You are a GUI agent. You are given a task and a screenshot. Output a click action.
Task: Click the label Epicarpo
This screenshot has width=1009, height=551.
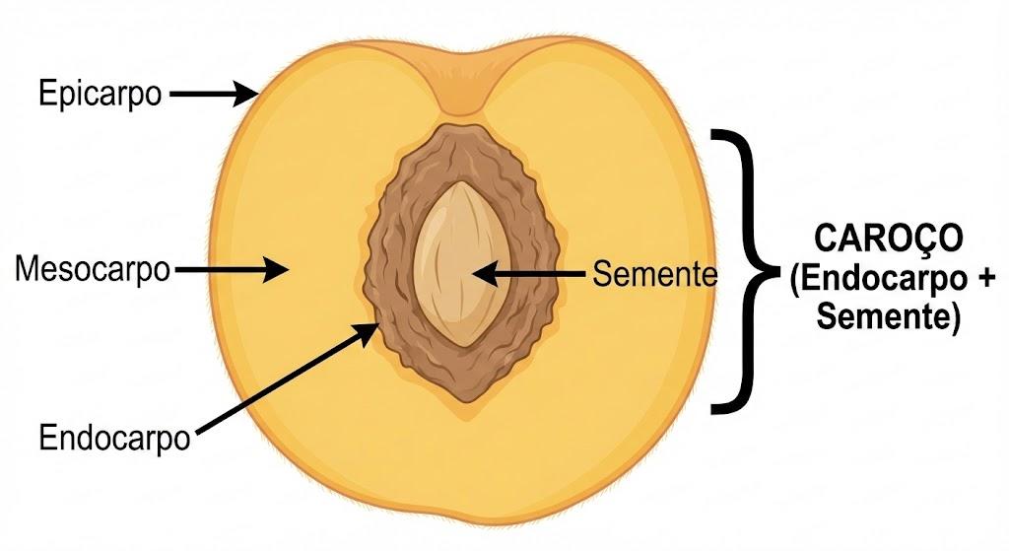point(100,94)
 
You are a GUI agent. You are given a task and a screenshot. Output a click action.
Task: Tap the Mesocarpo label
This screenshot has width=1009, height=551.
point(93,269)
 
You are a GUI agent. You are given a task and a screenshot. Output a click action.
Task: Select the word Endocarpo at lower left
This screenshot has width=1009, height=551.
point(114,439)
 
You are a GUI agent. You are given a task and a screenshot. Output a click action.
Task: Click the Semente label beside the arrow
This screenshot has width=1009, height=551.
point(654,274)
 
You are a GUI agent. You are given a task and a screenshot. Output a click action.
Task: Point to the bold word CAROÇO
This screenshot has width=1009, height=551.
point(889,240)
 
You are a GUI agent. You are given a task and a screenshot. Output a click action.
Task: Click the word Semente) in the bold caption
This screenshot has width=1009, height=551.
point(889,316)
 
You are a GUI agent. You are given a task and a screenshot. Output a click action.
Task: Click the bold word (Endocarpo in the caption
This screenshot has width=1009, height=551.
point(879,279)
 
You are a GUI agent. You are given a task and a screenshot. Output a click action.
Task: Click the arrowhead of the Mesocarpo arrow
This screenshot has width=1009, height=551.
point(276,269)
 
